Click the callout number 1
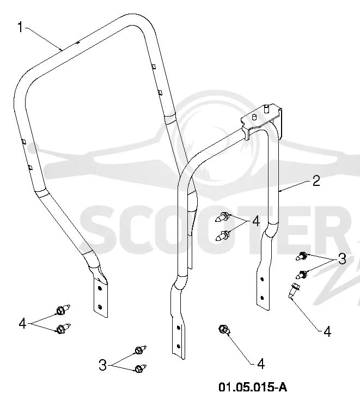click(20, 27)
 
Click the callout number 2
click(316, 181)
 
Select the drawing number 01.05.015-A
click(253, 387)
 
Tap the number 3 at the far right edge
click(342, 259)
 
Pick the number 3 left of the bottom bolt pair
click(102, 366)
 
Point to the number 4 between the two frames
click(256, 221)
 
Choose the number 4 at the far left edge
click(22, 323)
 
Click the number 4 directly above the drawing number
click(261, 364)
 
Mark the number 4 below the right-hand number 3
click(327, 331)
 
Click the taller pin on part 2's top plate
click(266, 108)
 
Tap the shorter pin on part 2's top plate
click(254, 117)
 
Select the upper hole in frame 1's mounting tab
click(100, 288)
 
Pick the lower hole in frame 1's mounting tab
click(100, 307)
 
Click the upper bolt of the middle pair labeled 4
click(222, 217)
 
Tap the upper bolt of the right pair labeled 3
click(301, 256)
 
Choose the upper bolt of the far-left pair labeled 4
click(63, 310)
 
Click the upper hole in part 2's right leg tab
click(262, 279)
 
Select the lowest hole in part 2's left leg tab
click(178, 346)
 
